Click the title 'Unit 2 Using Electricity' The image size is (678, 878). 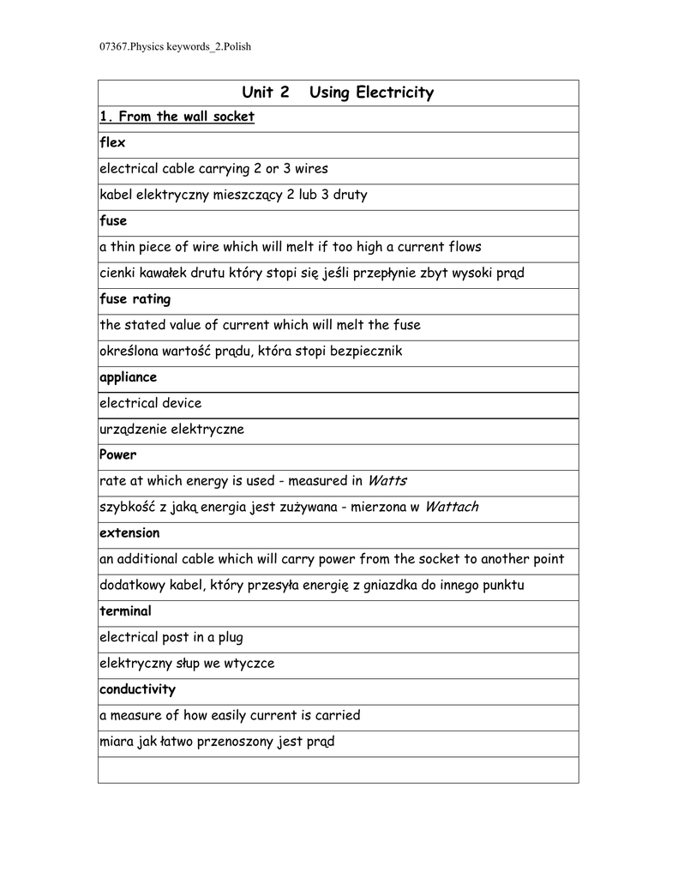point(338,93)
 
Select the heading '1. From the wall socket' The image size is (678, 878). point(177,117)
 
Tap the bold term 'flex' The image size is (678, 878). point(112,142)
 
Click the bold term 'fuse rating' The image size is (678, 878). point(135,298)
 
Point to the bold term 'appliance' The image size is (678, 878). point(128,376)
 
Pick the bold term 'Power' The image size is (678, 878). point(117,454)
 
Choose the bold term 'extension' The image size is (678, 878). point(129,532)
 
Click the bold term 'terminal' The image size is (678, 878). point(125,610)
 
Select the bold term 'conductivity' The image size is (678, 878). point(137,689)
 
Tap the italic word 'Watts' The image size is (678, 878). point(387,480)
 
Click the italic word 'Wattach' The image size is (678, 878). point(451,507)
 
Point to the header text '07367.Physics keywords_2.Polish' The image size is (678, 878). point(169,46)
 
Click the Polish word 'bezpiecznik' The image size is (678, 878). point(366,351)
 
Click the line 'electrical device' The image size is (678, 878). point(151,402)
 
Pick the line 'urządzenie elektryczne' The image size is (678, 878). point(171,429)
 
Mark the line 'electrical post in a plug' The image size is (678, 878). point(171,637)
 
